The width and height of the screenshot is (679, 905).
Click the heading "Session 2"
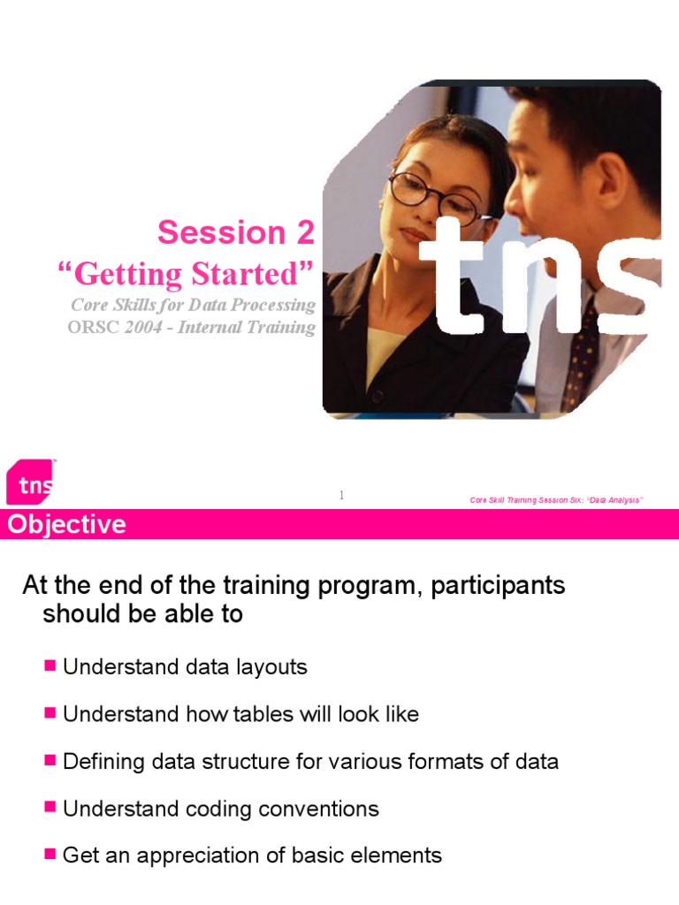click(235, 232)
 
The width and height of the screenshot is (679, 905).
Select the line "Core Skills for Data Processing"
click(192, 305)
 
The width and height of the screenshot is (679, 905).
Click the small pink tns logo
click(30, 483)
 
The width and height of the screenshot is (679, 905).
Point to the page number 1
click(340, 496)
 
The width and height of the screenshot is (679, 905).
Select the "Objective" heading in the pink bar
click(67, 525)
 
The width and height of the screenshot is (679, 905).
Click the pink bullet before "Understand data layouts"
click(50, 665)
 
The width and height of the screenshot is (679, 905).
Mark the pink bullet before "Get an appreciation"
click(50, 854)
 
